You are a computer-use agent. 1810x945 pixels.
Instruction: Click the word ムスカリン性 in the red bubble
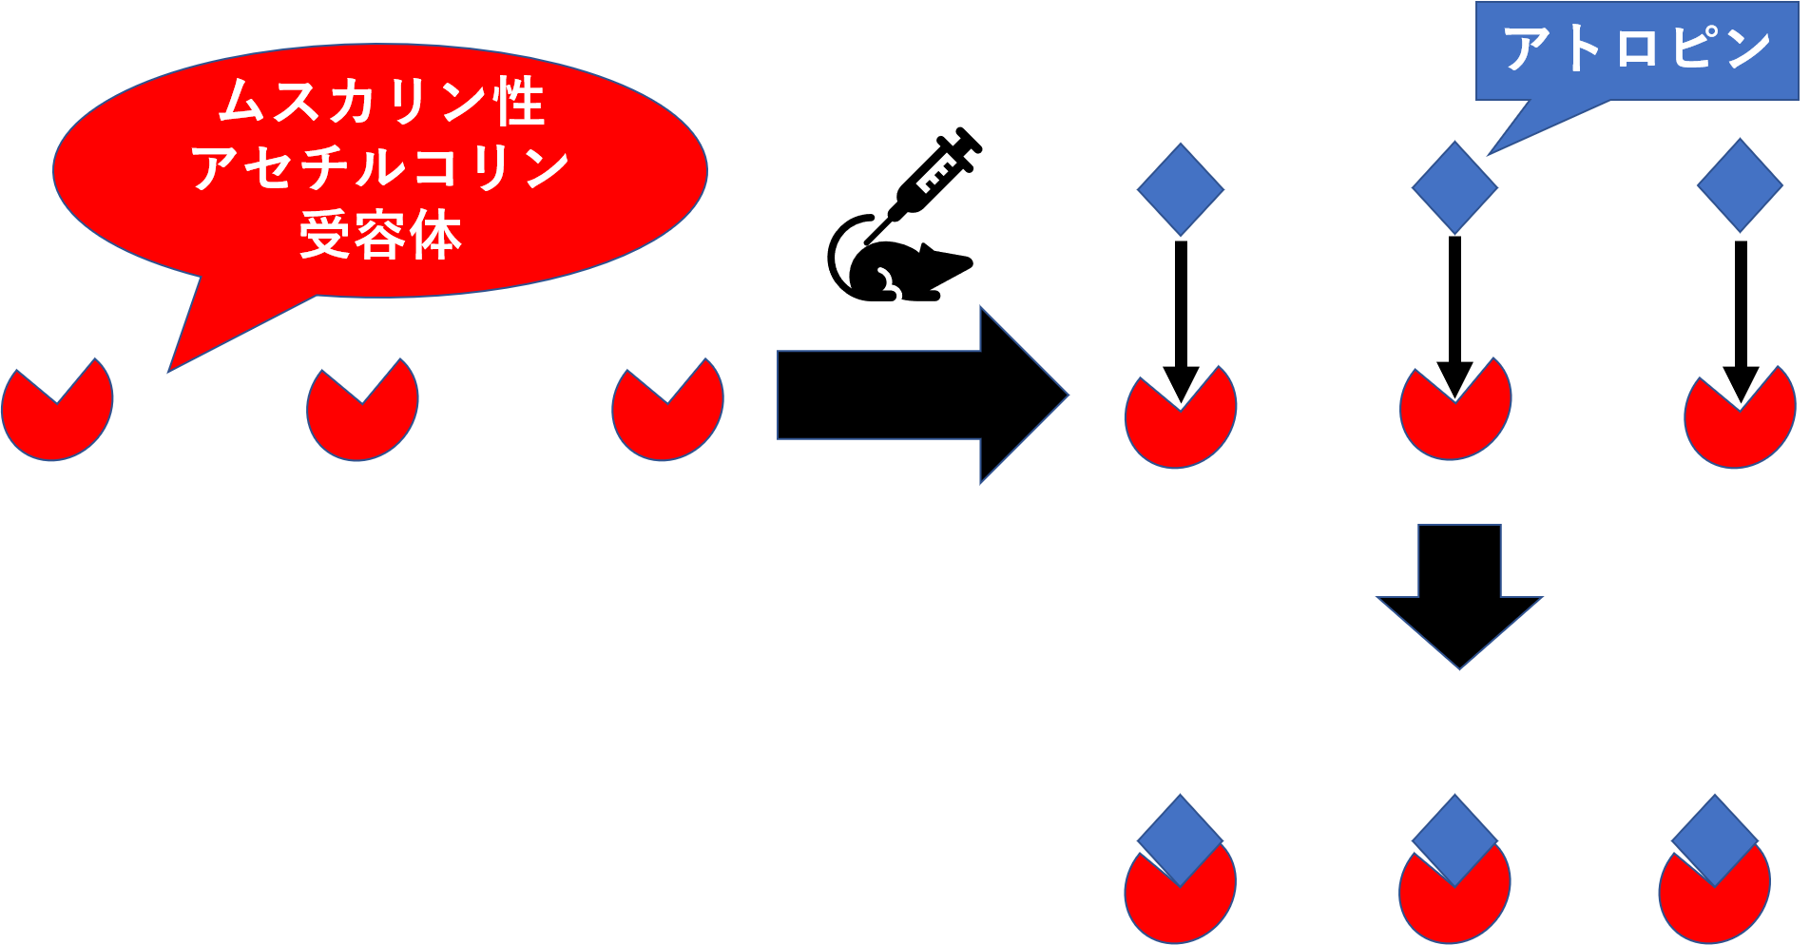click(x=381, y=102)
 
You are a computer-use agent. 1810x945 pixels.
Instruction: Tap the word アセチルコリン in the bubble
click(x=380, y=168)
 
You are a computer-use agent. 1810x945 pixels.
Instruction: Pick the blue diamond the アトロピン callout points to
click(x=1454, y=188)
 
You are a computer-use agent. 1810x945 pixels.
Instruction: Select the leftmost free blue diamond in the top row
click(x=1181, y=189)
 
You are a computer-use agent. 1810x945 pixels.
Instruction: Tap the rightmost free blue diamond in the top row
click(x=1740, y=185)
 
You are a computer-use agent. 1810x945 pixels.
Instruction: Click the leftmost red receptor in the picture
click(x=56, y=418)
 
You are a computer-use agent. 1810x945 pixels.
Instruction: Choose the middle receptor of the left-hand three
click(x=361, y=418)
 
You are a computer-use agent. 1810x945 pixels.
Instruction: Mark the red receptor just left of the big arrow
click(x=666, y=418)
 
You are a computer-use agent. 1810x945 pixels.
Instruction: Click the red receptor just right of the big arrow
click(x=1180, y=426)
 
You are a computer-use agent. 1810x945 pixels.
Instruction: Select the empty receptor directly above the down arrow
click(x=1454, y=418)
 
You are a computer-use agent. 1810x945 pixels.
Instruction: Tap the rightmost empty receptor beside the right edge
click(x=1740, y=426)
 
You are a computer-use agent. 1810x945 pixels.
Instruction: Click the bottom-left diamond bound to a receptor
click(x=1180, y=837)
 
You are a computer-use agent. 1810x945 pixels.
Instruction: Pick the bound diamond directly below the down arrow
click(x=1454, y=837)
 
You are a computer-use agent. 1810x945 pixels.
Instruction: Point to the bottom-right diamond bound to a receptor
click(x=1714, y=837)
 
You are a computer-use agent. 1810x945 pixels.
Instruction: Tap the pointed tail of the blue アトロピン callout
click(x=1512, y=138)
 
